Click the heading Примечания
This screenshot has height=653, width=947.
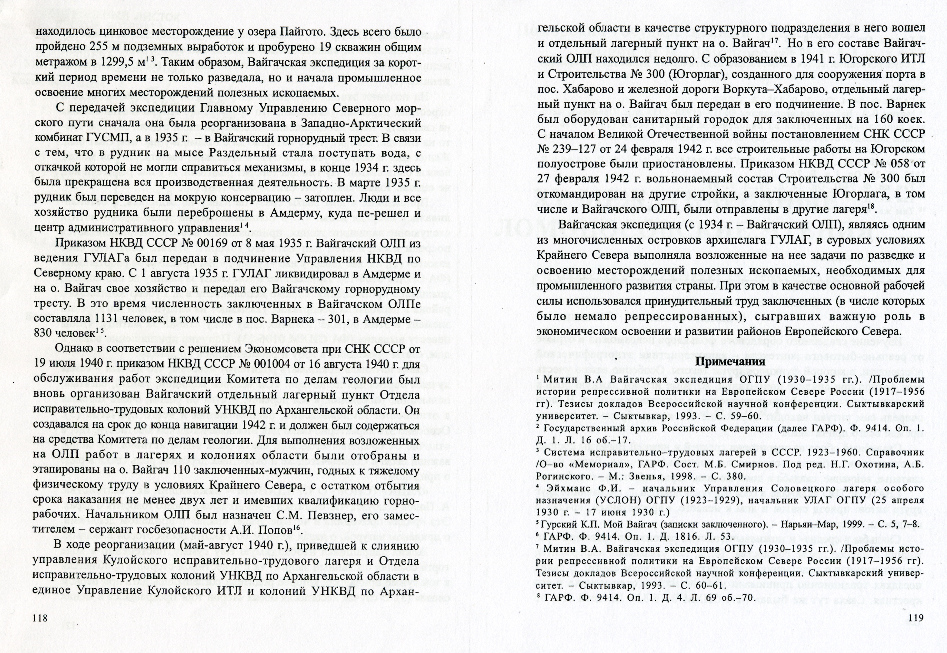click(731, 362)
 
